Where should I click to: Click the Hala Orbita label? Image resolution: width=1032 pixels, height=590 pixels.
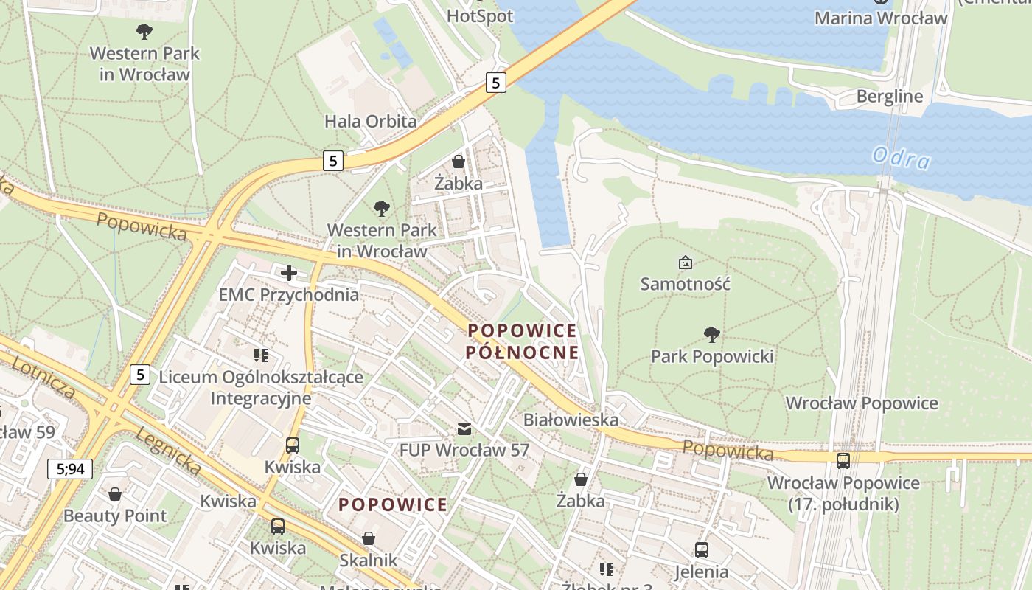371,121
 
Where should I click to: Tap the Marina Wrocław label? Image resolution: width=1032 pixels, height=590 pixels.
880,18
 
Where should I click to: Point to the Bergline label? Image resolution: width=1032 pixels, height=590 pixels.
889,97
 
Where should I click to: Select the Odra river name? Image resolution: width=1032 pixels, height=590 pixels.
901,158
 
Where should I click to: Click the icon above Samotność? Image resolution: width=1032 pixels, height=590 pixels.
685,263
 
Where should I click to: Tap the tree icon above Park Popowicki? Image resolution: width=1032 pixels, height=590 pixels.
711,335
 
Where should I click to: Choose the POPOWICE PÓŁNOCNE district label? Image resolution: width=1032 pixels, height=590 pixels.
522,341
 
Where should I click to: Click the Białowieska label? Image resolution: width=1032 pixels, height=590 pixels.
571,420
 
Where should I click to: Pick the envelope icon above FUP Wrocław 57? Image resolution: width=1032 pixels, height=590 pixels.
464,428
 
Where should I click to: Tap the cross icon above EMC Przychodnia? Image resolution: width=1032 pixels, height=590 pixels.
288,274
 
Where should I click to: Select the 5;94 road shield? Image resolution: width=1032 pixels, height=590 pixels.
70,468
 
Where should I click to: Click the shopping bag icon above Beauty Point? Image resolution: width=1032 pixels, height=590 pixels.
114,494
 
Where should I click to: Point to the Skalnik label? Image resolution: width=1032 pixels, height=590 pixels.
368,560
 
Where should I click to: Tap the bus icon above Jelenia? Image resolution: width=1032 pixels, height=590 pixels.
701,550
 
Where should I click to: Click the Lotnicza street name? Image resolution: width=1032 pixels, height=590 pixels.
44,375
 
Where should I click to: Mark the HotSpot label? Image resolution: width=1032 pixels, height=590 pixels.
480,15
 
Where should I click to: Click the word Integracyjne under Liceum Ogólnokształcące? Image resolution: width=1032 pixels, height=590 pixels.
261,398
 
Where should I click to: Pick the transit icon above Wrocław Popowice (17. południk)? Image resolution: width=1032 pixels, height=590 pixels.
843,461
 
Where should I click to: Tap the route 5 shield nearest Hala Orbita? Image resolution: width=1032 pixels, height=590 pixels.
333,160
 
